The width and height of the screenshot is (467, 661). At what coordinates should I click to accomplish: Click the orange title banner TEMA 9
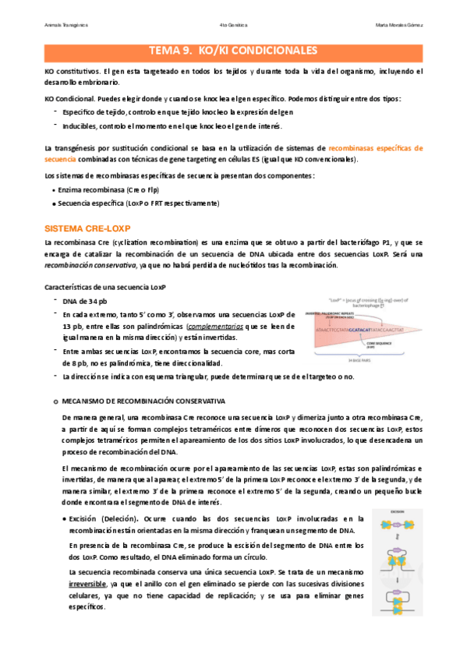pyautogui.click(x=233, y=51)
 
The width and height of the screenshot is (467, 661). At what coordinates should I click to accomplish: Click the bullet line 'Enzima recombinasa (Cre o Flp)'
pyautogui.click(x=97, y=189)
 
